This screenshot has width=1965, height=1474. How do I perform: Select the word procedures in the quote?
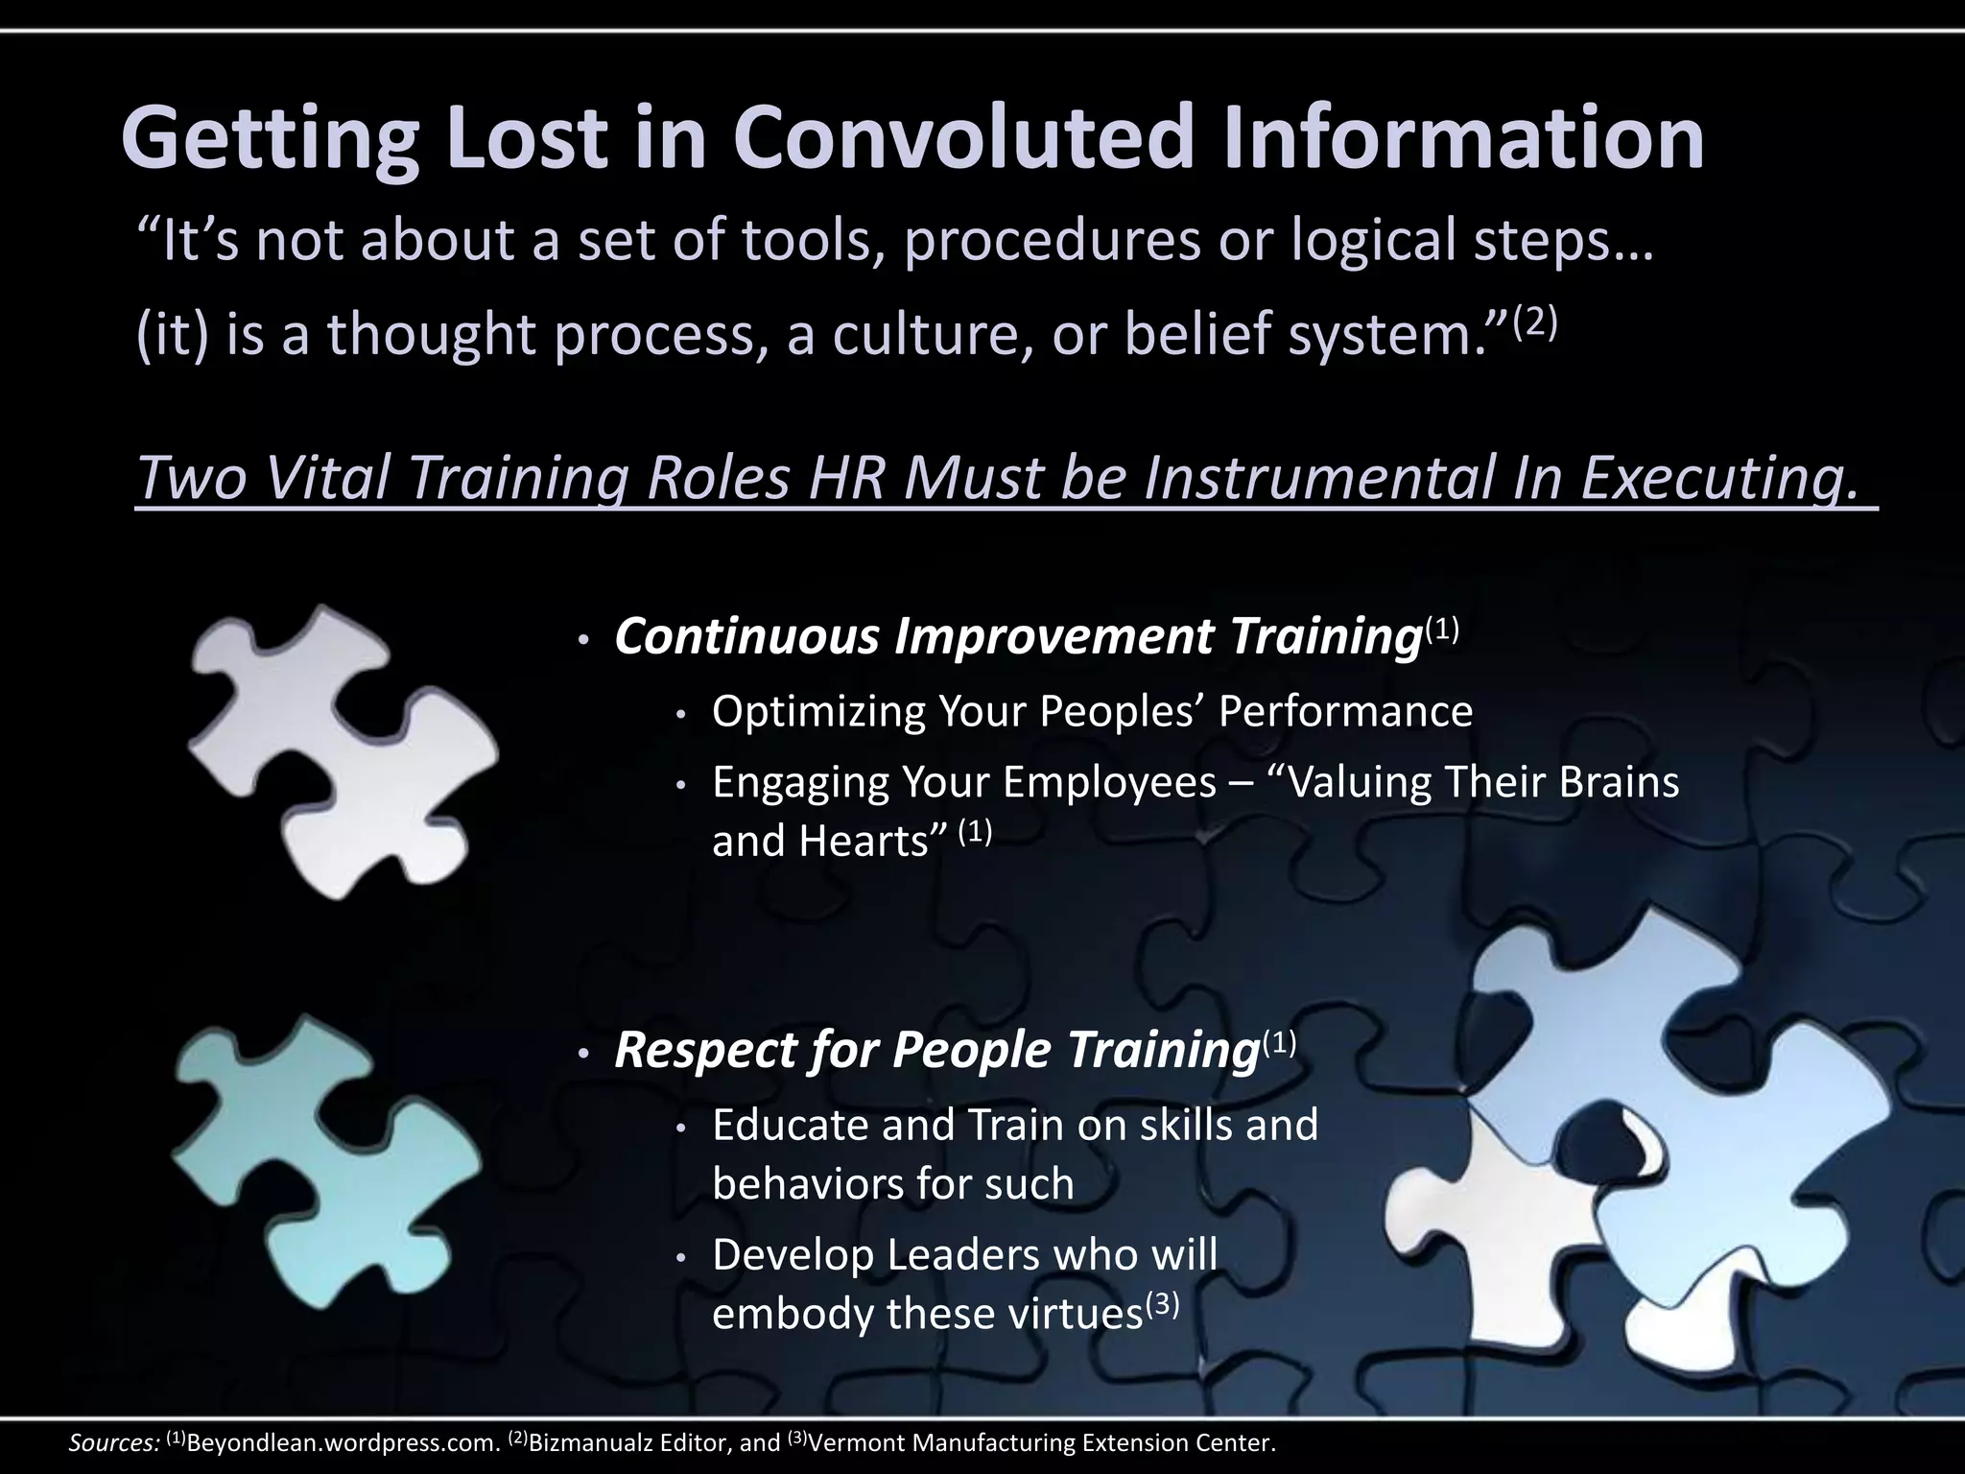[x=1053, y=240]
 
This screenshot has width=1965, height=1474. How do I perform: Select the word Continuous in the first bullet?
[x=746, y=636]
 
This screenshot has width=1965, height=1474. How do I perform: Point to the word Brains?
[x=1619, y=782]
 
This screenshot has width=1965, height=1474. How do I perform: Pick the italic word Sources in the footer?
[x=113, y=1443]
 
